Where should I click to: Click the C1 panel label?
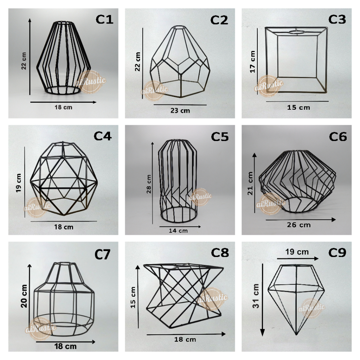tap(104, 19)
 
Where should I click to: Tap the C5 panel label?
tap(220, 137)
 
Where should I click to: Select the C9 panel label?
tap(337, 253)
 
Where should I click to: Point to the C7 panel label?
tap(102, 255)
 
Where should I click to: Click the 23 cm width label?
tap(180, 111)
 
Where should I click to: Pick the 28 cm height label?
tap(149, 184)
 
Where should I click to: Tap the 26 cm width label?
tap(299, 225)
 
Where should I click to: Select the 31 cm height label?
tap(256, 296)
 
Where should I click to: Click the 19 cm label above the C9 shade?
tap(297, 252)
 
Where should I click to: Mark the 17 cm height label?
tap(252, 62)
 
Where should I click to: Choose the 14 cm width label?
tap(178, 231)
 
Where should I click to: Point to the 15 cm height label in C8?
tap(133, 297)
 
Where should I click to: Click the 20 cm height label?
tap(24, 296)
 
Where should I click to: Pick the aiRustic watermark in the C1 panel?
tap(92, 82)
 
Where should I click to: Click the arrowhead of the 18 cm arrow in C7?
tap(93, 342)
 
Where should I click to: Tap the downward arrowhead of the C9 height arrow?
tap(262, 332)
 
